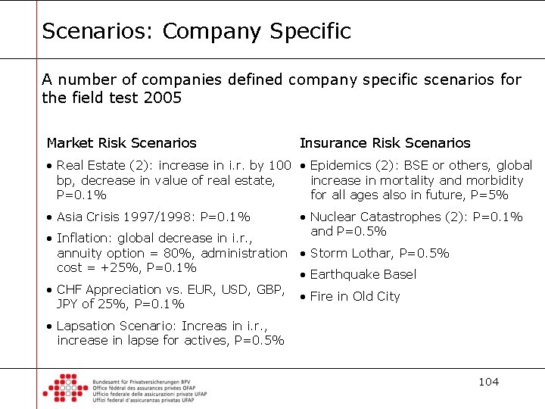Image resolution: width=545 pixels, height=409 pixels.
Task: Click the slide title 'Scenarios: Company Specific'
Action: (196, 32)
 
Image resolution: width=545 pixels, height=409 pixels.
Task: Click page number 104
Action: (488, 381)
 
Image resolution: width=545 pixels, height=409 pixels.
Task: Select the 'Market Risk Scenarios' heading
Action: (121, 143)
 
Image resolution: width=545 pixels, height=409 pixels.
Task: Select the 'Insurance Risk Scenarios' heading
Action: (385, 143)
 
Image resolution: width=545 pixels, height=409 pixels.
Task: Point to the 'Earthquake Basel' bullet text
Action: (363, 274)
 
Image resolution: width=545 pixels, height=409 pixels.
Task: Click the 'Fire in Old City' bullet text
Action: (354, 296)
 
